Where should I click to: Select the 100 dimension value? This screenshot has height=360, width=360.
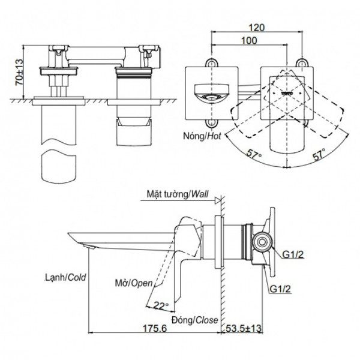[x=251, y=41]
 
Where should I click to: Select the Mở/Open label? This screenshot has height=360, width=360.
[x=133, y=282]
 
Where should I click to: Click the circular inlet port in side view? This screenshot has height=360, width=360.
[x=260, y=242]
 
